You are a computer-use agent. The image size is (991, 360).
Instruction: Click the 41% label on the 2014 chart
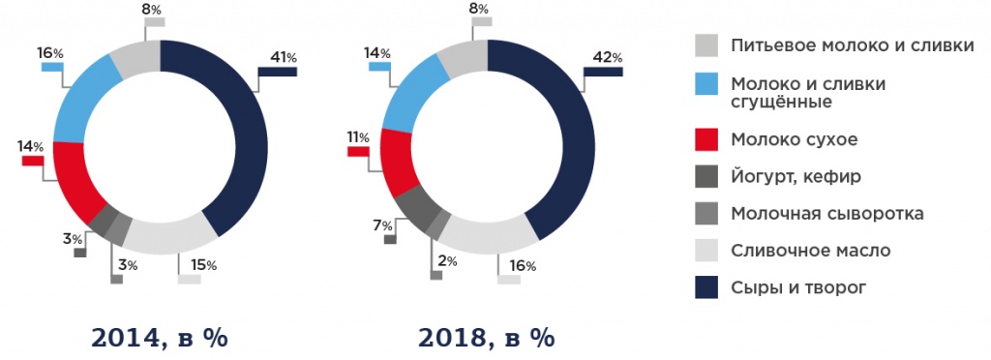tap(283, 59)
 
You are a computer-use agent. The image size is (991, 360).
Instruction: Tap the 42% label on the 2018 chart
tap(607, 58)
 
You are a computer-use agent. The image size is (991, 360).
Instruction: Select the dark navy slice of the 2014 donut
tap(247, 145)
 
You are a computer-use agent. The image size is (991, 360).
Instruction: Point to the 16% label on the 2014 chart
tap(51, 53)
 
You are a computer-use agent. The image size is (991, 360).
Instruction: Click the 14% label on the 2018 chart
tap(377, 53)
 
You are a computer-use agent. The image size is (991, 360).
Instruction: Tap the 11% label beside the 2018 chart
tap(357, 137)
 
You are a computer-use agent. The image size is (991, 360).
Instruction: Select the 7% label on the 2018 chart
tap(384, 225)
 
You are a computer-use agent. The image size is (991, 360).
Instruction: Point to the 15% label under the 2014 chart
tap(203, 265)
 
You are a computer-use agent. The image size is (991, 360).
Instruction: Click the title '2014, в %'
tap(161, 339)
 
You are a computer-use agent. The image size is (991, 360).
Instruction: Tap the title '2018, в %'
tap(487, 339)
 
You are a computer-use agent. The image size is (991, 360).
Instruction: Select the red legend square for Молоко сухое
tap(706, 140)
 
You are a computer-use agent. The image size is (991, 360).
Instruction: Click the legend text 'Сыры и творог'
tap(799, 286)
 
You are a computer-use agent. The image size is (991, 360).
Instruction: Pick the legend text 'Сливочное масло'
tap(811, 251)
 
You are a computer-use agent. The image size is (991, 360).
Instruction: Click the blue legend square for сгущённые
tap(706, 84)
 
